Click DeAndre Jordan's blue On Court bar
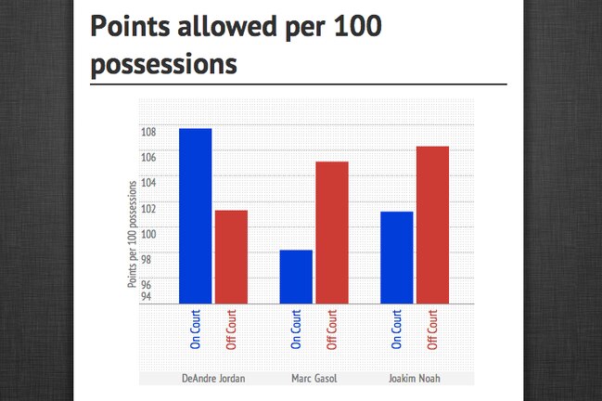196,216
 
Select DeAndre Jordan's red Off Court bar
231,257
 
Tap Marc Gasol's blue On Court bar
296,277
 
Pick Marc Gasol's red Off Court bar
332,233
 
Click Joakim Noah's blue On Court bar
397,258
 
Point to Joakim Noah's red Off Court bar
432,225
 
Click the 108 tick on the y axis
148,132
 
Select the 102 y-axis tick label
148,209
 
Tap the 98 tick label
147,260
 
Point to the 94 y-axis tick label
147,296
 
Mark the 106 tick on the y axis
148,157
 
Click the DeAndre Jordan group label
213,379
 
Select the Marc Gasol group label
314,379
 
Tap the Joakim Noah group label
415,379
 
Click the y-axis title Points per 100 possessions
132,234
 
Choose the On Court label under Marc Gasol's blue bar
296,330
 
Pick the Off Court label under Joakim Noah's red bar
432,330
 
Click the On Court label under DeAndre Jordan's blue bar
196,330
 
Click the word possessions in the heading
164,65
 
